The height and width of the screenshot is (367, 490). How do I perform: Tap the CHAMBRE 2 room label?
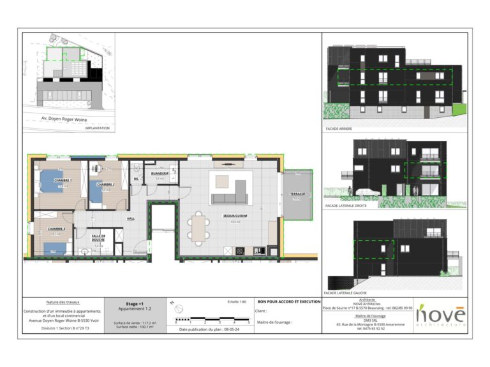coord(105,184)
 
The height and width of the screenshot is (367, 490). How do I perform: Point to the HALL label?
coord(130,219)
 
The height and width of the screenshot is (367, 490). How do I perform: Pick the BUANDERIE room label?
coord(160,173)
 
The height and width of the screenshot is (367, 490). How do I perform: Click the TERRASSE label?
coord(297,194)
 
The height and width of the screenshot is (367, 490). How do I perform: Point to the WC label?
coord(136,179)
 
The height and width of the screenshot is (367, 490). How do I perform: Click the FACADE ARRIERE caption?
coord(339,129)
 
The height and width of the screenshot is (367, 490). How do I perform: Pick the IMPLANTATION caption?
coord(97,128)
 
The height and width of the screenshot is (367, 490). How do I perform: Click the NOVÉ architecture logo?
coord(440,315)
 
